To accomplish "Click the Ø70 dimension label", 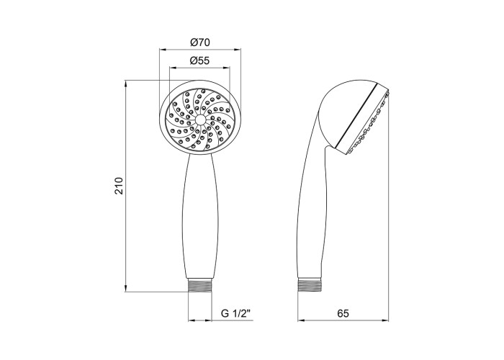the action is [199, 42].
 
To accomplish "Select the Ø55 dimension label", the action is [199, 60].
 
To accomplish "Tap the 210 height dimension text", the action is [119, 186].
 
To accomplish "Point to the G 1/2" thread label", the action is [235, 313].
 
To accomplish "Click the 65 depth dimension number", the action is [343, 313].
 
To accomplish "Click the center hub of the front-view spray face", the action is [200, 120].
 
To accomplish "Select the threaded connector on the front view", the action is [200, 285].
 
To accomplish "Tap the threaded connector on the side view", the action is [310, 285].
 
